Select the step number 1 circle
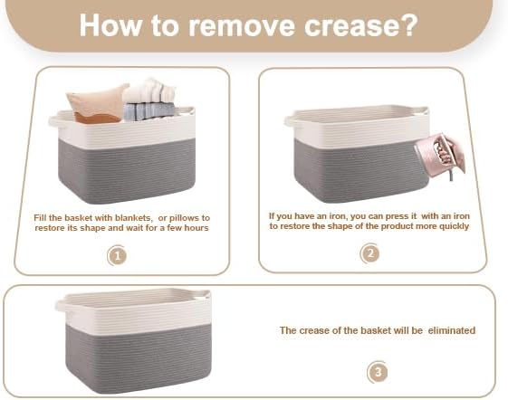[x=117, y=256]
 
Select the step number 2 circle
[x=370, y=253]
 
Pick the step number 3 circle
[x=378, y=372]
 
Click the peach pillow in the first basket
[x=96, y=104]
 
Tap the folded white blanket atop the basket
[x=149, y=90]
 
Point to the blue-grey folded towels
[x=149, y=111]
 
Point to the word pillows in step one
[x=186, y=218]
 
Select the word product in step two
[x=395, y=226]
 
